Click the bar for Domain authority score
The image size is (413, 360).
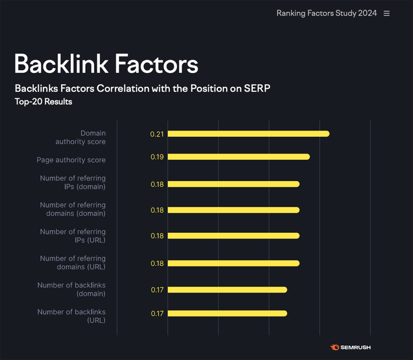click(x=248, y=134)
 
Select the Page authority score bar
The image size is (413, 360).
click(x=238, y=157)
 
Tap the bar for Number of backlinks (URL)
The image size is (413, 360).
click(x=227, y=313)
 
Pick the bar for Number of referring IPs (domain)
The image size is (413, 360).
click(x=233, y=184)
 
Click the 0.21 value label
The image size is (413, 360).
click(x=157, y=134)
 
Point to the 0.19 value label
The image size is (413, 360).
click(x=157, y=157)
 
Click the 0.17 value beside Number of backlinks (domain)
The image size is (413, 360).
click(x=157, y=290)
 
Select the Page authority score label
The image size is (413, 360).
click(x=71, y=160)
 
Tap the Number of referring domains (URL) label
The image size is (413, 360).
click(x=73, y=262)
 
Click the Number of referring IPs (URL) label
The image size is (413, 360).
click(x=73, y=236)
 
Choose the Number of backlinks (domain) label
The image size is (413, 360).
click(x=71, y=289)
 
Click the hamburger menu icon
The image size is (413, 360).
click(x=386, y=13)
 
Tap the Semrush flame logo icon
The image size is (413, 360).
click(x=335, y=347)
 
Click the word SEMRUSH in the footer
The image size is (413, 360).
click(x=355, y=347)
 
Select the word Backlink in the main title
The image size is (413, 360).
click(x=60, y=64)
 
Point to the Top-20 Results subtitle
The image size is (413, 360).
click(x=43, y=102)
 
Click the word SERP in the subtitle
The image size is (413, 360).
click(x=257, y=88)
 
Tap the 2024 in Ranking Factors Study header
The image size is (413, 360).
click(x=367, y=13)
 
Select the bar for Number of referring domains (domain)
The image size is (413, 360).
click(x=233, y=210)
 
